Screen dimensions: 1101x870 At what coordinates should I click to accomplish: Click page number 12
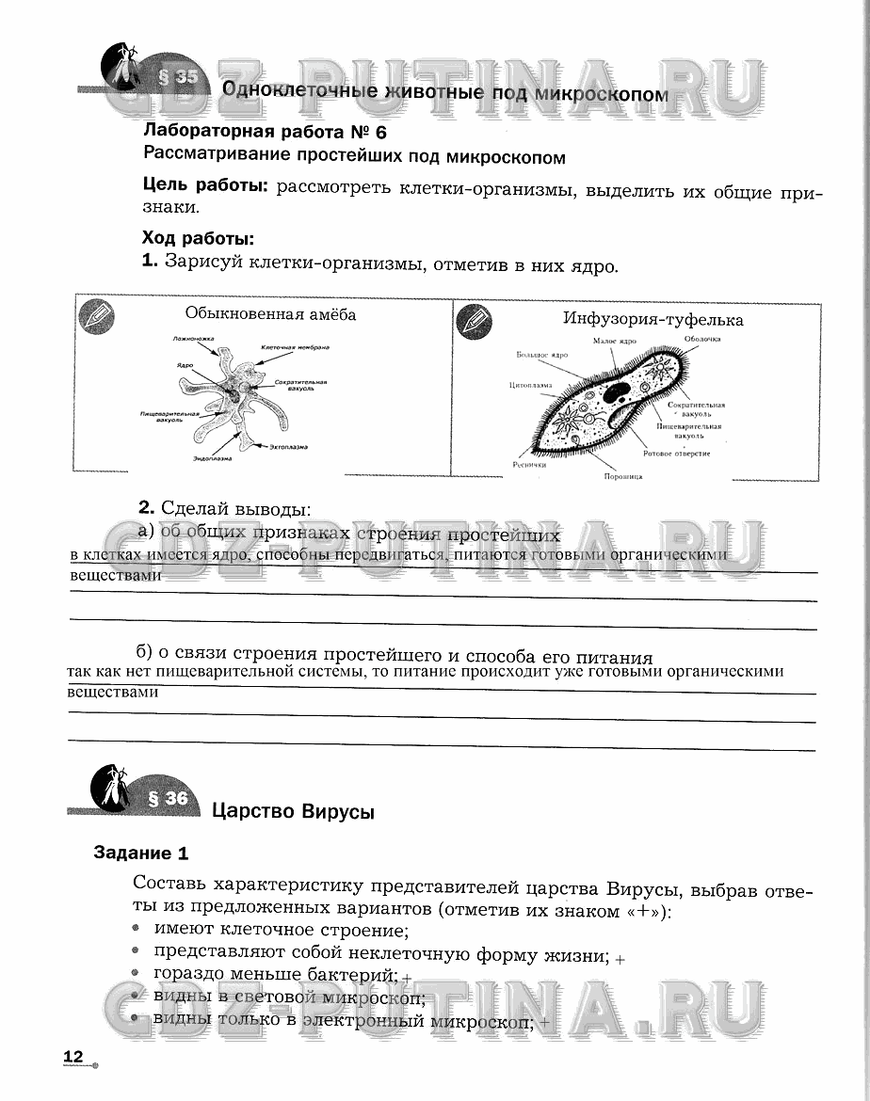click(x=73, y=1058)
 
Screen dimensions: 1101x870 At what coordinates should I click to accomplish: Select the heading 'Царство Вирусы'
click(x=293, y=811)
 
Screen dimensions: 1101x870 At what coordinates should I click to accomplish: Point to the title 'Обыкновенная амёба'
click(x=270, y=314)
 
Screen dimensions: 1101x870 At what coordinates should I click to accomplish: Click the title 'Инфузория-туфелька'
click(x=652, y=320)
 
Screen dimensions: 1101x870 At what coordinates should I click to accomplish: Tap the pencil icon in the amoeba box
click(x=94, y=315)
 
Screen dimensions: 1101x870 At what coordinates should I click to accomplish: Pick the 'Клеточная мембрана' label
click(x=295, y=347)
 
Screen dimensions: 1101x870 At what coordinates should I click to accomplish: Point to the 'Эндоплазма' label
click(x=214, y=458)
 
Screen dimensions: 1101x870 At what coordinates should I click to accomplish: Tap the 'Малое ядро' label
click(x=615, y=340)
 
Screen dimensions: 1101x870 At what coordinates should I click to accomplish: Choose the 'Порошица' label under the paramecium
click(x=623, y=477)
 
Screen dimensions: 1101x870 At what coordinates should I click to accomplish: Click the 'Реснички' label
click(x=530, y=463)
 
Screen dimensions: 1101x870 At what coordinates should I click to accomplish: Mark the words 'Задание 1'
click(x=141, y=854)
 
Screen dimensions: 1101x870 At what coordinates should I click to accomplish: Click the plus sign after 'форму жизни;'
click(x=620, y=958)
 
